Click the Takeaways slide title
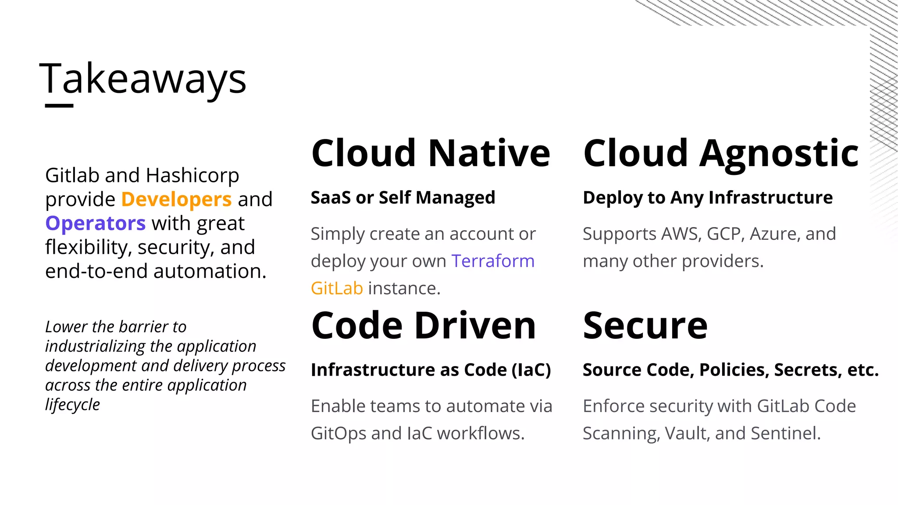(143, 79)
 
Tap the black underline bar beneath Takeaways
(59, 105)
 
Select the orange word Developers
(176, 199)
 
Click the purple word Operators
(95, 224)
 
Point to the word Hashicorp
(192, 175)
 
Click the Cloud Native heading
(431, 153)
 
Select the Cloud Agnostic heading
(720, 153)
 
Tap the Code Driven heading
(424, 325)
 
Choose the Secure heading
(645, 325)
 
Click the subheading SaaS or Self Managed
(403, 198)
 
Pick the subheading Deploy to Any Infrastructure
(707, 198)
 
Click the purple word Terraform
(493, 261)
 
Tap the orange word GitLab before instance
(337, 288)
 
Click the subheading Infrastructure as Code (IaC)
(431, 370)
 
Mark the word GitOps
(338, 434)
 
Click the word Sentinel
(785, 434)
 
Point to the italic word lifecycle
(72, 405)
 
